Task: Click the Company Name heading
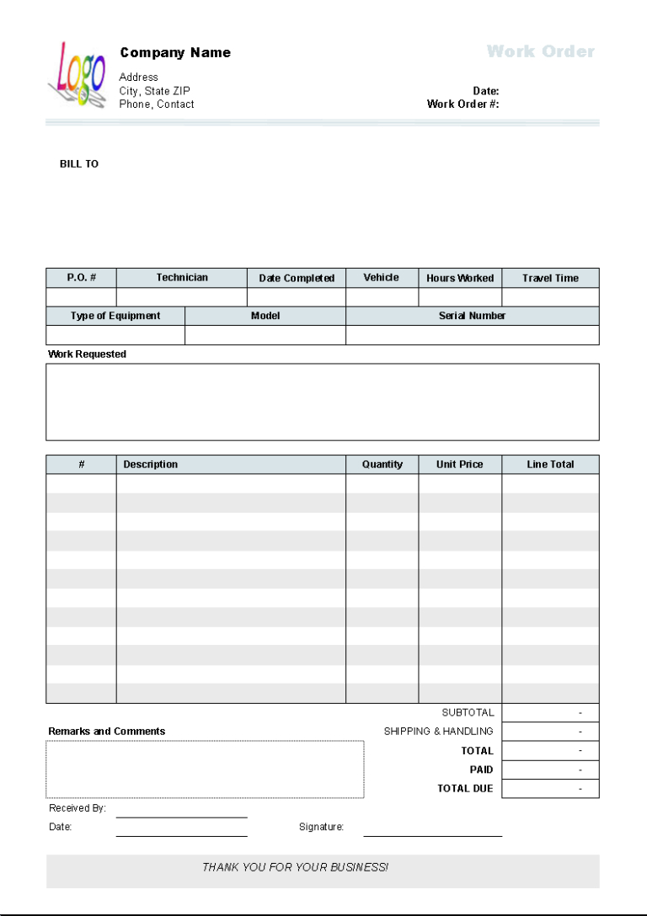tap(175, 53)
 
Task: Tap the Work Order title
tap(540, 51)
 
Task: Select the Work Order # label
tap(463, 104)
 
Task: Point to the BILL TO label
tap(79, 164)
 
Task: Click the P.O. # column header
tap(81, 278)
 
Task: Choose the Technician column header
tap(182, 278)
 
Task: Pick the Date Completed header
tap(297, 279)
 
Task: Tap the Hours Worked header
tap(460, 279)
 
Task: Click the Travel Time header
tap(550, 279)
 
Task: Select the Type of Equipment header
tap(115, 316)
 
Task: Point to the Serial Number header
tap(472, 316)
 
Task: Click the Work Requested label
tap(87, 354)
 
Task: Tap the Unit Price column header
tap(460, 465)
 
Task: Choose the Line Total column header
tap(550, 465)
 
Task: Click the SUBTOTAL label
tap(468, 712)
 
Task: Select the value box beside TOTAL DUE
tap(550, 789)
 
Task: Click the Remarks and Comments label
tap(106, 732)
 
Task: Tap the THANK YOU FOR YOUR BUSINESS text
tap(295, 867)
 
